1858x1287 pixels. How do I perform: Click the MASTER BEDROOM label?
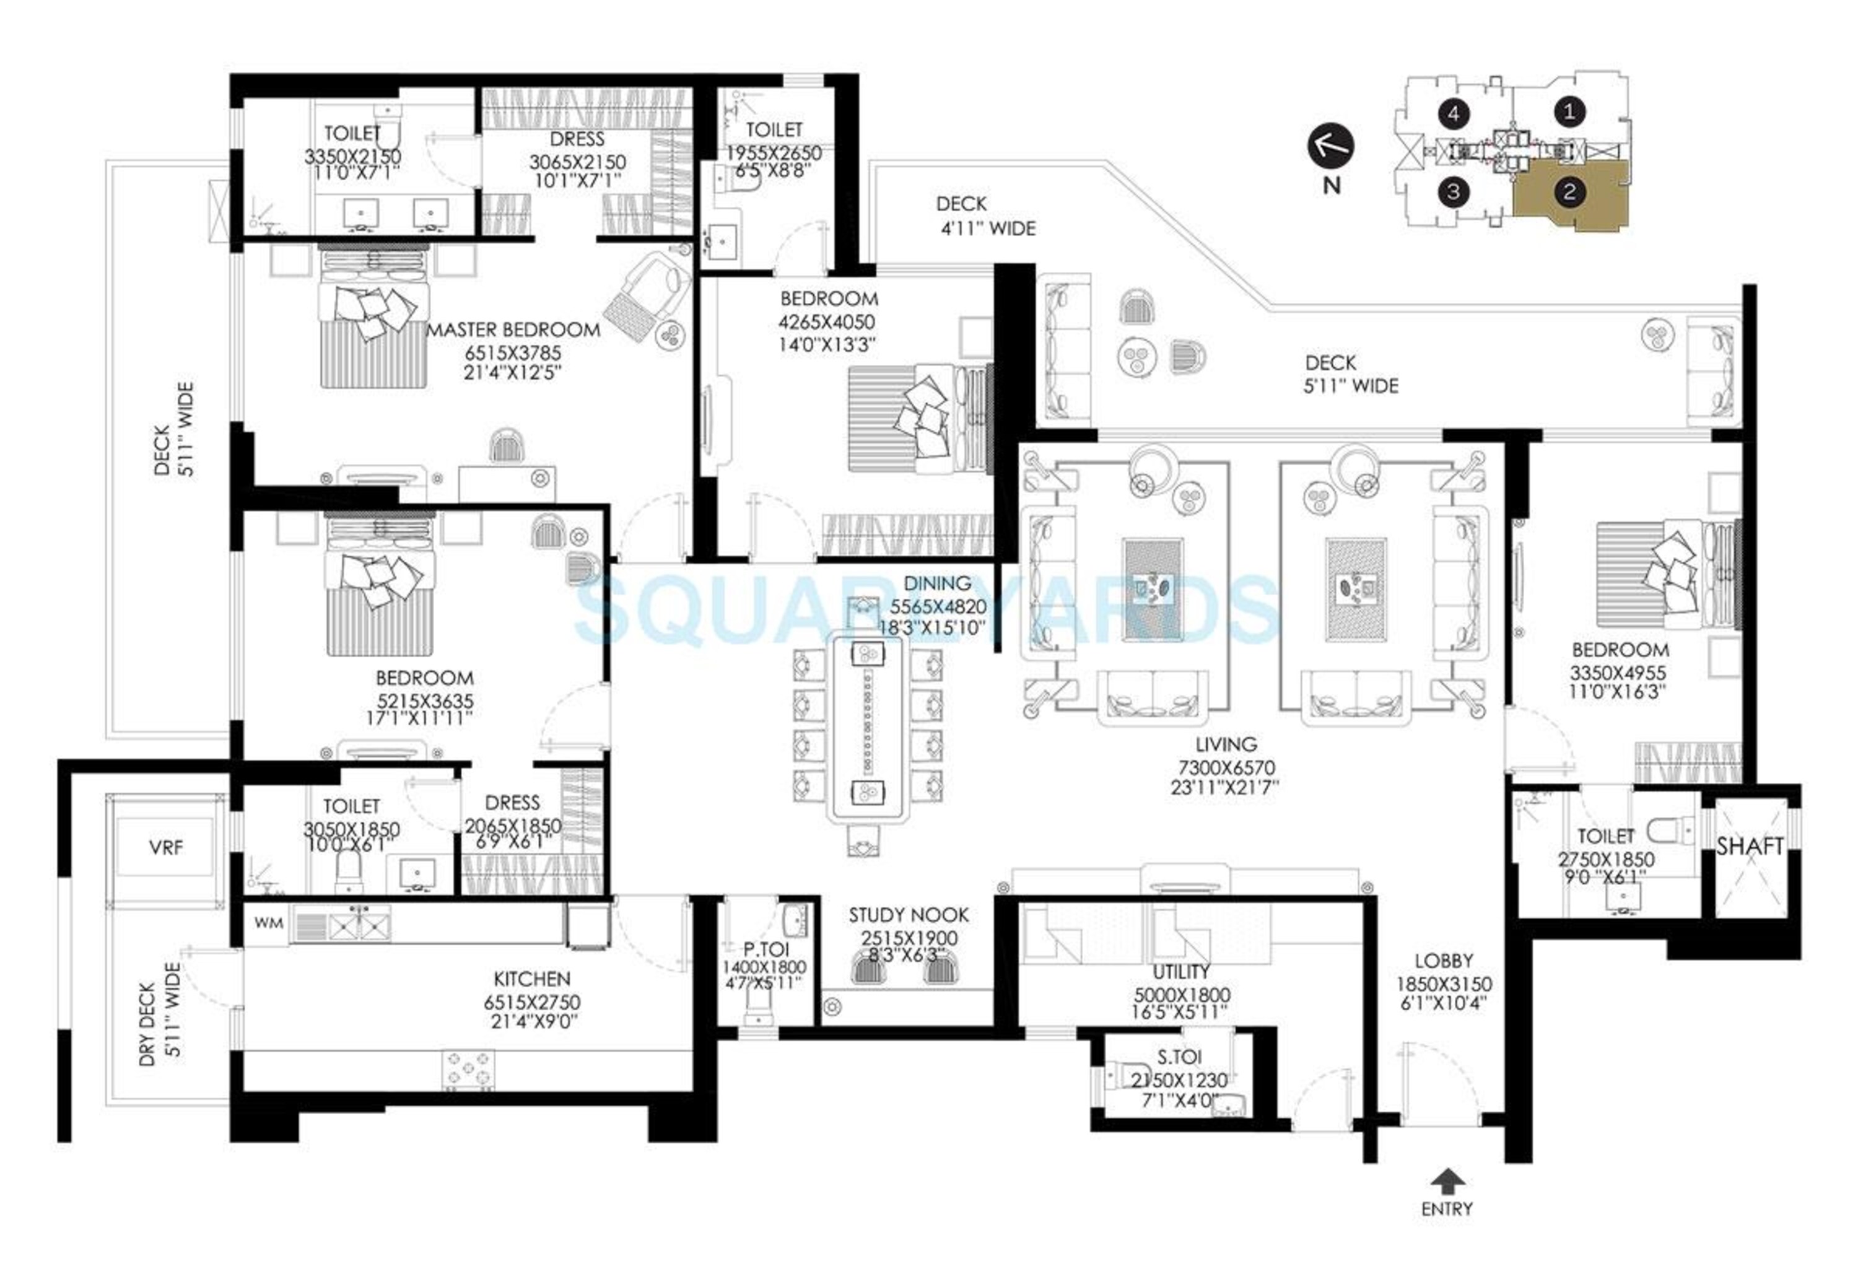coord(513,330)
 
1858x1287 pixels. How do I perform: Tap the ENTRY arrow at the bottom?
coord(1447,1180)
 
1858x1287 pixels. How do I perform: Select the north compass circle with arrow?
coord(1330,147)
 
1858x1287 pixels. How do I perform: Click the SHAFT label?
coord(1749,846)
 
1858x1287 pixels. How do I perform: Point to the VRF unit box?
coord(166,847)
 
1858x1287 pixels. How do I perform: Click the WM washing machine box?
coord(269,922)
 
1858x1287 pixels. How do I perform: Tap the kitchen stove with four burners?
coord(469,1071)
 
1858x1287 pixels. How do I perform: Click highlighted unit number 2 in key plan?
coord(1569,192)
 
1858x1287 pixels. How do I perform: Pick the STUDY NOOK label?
coord(908,915)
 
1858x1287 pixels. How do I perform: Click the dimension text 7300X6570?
coord(1226,769)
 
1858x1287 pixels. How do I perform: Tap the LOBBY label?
coord(1444,961)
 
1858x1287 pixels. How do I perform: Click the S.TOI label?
coord(1179,1057)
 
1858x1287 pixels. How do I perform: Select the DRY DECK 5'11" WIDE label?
coord(160,1023)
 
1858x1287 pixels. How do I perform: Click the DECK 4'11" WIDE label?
coord(985,216)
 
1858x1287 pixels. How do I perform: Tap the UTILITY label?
coord(1180,972)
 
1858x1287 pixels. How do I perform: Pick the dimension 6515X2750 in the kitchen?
coord(531,1002)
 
